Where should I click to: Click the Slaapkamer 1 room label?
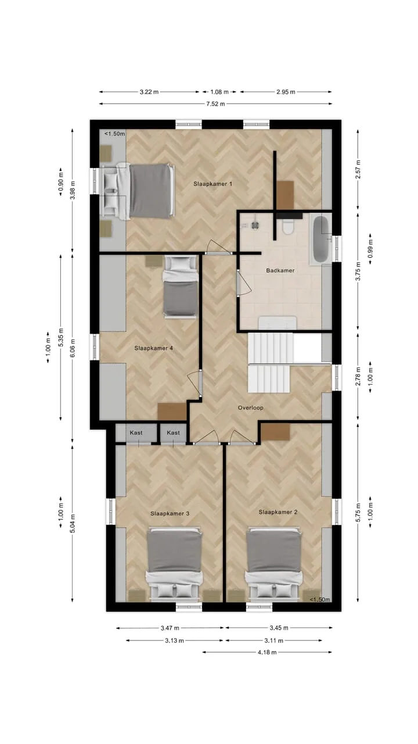pos(212,184)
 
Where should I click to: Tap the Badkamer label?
pos(280,270)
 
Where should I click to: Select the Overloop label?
pos(250,407)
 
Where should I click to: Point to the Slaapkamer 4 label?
pos(154,348)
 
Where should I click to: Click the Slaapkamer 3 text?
pos(170,513)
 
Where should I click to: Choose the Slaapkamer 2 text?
pos(278,512)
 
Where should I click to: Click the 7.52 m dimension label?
pos(215,103)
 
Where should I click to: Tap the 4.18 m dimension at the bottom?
pos(267,652)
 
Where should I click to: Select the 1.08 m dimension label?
pos(219,92)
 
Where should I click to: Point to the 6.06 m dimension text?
pos(73,348)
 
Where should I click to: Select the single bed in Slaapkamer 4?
pos(181,287)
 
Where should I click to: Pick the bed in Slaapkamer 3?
pos(174,564)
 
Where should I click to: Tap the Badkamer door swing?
pos(245,282)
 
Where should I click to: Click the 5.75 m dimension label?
pos(358,512)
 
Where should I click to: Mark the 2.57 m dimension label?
pos(358,169)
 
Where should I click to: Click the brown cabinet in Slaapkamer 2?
pos(276,432)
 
